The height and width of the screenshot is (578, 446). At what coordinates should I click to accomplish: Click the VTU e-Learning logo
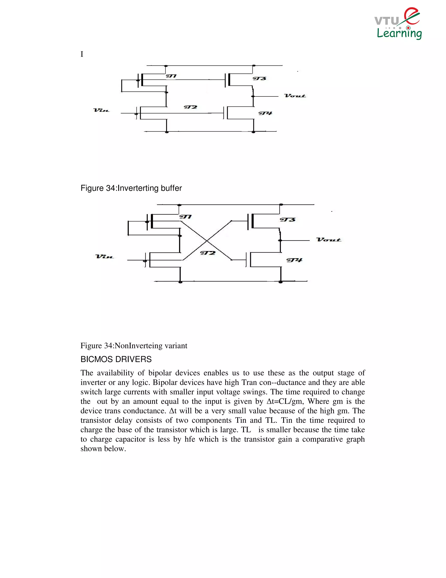(x=399, y=24)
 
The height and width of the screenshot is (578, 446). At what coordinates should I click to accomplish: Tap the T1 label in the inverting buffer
(x=171, y=76)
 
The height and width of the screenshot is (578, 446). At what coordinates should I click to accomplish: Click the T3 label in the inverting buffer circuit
(x=259, y=79)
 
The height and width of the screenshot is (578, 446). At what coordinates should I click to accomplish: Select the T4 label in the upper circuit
(x=265, y=113)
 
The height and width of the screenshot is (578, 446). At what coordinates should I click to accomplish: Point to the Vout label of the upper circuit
(x=295, y=96)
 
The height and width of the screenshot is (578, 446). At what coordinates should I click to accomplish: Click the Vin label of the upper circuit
(x=101, y=110)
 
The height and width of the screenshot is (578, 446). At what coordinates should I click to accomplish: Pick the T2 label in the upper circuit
(x=191, y=107)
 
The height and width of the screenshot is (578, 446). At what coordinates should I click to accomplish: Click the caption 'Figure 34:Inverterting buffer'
(x=131, y=188)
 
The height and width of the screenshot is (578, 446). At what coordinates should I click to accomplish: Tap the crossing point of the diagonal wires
(x=207, y=241)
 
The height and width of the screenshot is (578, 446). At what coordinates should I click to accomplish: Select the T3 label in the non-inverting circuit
(x=287, y=220)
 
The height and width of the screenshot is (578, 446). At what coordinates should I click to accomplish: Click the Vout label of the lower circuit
(x=329, y=240)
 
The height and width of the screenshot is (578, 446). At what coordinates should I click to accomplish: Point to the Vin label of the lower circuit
(x=104, y=257)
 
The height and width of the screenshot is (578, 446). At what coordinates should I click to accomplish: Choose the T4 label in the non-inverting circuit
(x=294, y=260)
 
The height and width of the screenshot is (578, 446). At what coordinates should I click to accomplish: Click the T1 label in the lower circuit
(x=186, y=217)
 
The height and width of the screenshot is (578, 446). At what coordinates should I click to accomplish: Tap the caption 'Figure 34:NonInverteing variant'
(x=134, y=346)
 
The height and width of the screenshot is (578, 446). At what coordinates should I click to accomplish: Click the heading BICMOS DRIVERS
(x=116, y=359)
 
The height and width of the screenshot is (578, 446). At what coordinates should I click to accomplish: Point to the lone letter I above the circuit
(x=82, y=54)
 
